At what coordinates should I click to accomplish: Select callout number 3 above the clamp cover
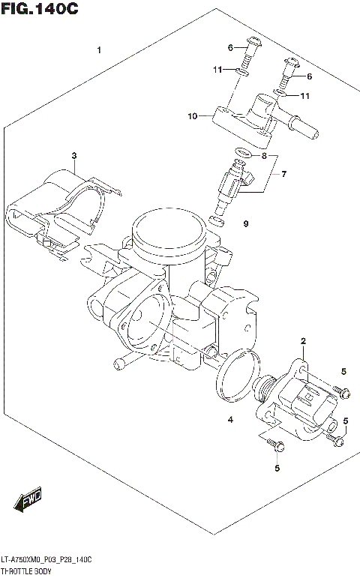coord(74,155)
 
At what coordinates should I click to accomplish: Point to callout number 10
coord(193,116)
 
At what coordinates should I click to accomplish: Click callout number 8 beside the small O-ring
coord(262,156)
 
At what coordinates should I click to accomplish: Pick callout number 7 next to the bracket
coord(283,175)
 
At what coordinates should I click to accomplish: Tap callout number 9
coord(244,223)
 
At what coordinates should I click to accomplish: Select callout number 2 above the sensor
coord(303,342)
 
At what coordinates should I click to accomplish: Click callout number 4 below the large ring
coord(230,420)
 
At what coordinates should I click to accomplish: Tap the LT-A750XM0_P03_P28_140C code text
coord(47,560)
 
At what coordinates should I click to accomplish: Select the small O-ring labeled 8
coord(241,154)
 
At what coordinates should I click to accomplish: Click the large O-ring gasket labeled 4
coord(235,375)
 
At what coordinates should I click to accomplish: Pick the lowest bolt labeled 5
coord(275,446)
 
